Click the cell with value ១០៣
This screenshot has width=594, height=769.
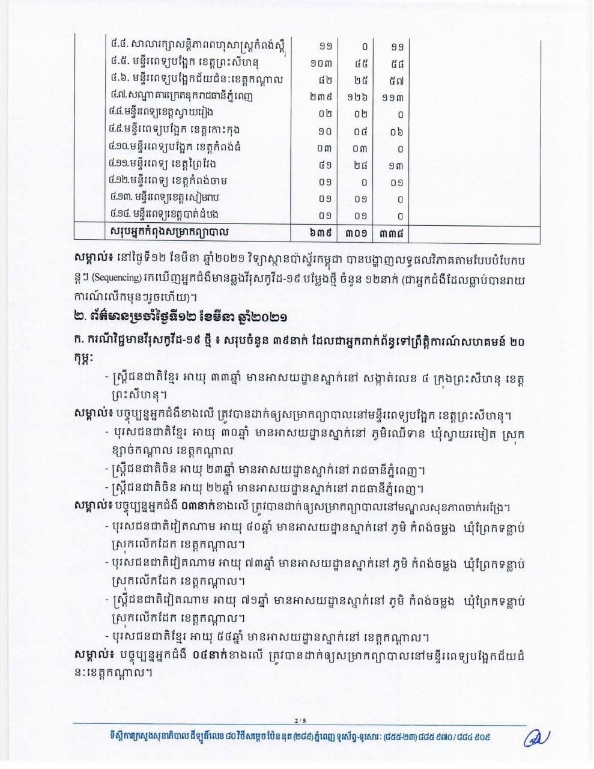tap(326, 63)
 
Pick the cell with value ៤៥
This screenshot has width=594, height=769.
tap(360, 63)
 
